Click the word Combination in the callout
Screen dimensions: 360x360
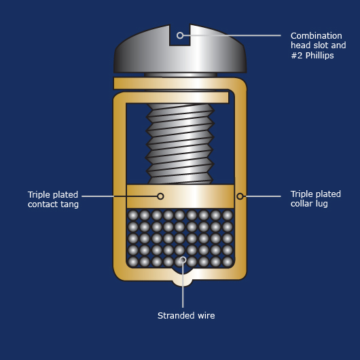316,36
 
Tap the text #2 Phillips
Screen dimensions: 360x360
312,55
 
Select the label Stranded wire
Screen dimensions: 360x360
186,315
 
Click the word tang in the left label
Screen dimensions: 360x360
69,204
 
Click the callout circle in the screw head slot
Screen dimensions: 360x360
180,35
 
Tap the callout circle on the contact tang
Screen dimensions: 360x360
160,196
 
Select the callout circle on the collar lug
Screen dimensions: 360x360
240,196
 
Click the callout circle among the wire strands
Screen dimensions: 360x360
183,259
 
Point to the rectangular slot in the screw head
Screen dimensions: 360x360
180,35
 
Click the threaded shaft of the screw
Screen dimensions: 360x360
180,143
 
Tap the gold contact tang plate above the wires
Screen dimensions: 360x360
180,196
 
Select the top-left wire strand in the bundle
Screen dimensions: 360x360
133,215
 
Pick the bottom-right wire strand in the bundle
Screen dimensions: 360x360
228,262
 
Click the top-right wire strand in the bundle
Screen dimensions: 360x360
228,215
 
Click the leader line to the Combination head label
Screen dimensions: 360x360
232,35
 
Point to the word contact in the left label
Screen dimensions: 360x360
41,204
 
